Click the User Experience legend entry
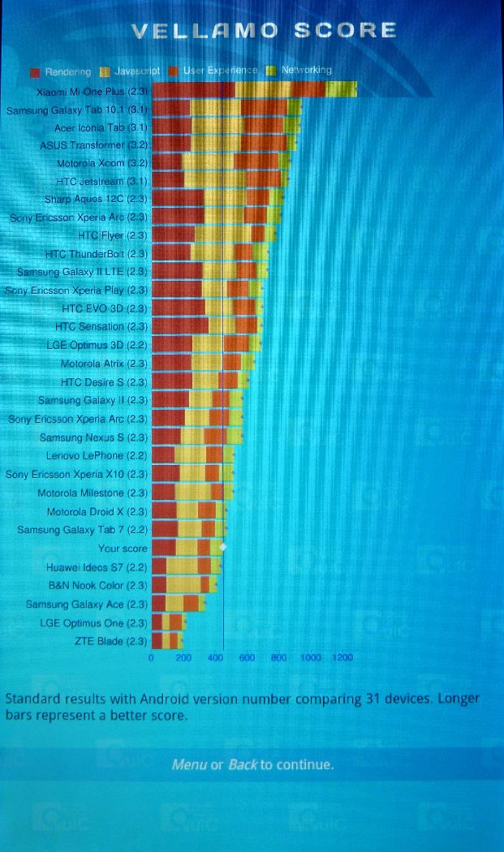click(220, 71)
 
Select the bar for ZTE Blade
click(167, 641)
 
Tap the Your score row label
click(123, 549)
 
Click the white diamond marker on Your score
click(223, 549)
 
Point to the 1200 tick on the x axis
click(341, 658)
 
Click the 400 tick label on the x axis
click(215, 658)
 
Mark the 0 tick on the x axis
click(152, 658)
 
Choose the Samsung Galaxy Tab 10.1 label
click(76, 109)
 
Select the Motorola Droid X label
click(97, 512)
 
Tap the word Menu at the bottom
click(189, 765)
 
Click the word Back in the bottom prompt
click(242, 765)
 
